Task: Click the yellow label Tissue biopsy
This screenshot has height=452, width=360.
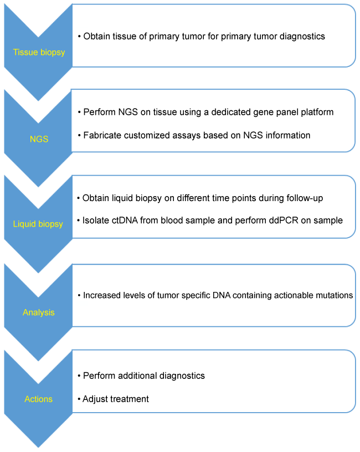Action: tap(39, 53)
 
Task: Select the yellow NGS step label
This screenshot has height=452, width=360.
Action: tap(39, 139)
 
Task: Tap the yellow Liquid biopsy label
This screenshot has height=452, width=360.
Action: tap(38, 224)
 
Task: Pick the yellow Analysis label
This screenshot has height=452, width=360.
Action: tap(39, 312)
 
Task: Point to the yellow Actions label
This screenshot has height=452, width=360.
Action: tap(39, 399)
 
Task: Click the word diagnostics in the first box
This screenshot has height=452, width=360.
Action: tap(302, 37)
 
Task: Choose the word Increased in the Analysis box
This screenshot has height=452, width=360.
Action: tap(103, 296)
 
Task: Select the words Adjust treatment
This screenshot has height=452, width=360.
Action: tap(116, 399)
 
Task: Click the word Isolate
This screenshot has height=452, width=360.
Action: tap(96, 220)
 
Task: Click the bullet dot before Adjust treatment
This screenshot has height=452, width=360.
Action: tap(79, 399)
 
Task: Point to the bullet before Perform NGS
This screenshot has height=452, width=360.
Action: tap(79, 112)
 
